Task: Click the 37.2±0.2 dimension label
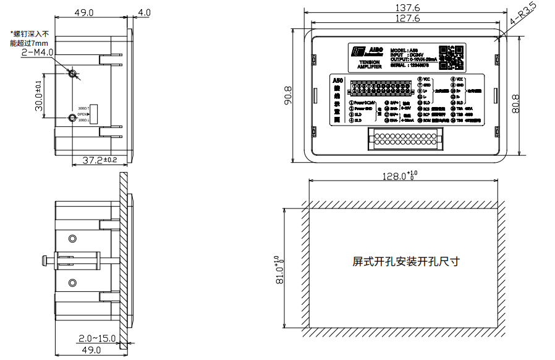(x=100, y=160)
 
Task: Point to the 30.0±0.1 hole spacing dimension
(x=39, y=96)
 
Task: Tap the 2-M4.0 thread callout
(x=38, y=53)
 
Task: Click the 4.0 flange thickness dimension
(x=145, y=12)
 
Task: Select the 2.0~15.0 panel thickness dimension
(x=97, y=338)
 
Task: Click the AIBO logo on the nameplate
(x=365, y=51)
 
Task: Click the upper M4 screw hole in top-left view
(x=74, y=74)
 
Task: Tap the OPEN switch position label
(x=83, y=115)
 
